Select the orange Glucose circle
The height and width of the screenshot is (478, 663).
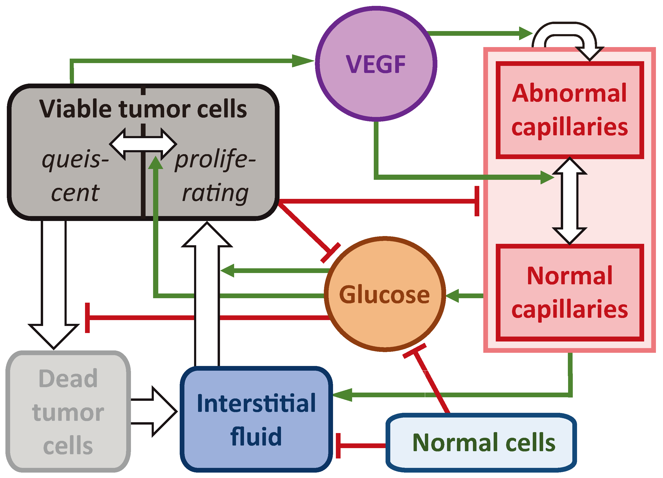pos(385,294)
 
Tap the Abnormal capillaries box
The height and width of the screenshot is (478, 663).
pos(570,110)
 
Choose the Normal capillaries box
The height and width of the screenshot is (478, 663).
pos(570,293)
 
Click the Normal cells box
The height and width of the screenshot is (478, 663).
pos(481,443)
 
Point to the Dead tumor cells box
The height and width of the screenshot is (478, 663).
pos(68,412)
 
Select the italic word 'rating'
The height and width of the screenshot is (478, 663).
pos(216,193)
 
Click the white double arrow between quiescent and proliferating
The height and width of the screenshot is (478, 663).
pos(143,144)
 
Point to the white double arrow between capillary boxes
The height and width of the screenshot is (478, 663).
pos(569,201)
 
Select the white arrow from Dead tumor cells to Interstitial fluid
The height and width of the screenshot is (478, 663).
pos(154,411)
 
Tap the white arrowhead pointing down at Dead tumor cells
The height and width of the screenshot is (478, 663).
pos(54,336)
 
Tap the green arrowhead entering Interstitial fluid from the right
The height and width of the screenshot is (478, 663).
pos(342,395)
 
